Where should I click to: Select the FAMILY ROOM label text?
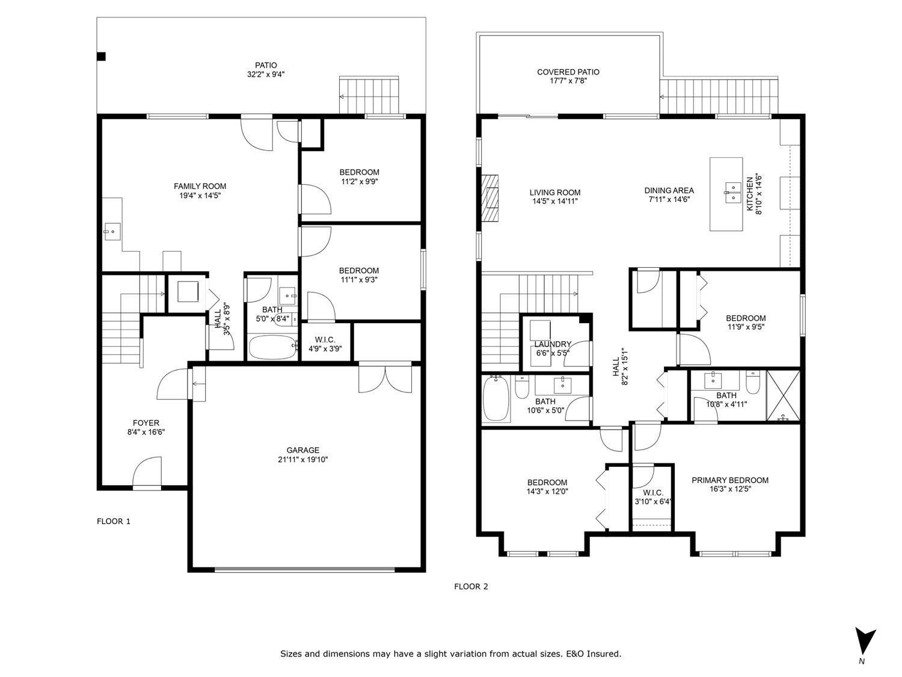click(x=200, y=186)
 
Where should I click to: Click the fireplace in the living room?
click(x=490, y=199)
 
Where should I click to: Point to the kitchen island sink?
click(x=731, y=191)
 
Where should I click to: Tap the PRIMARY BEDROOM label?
click(x=729, y=480)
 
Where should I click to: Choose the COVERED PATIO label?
click(x=568, y=72)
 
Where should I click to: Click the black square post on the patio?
click(x=102, y=57)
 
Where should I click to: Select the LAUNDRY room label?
click(x=552, y=344)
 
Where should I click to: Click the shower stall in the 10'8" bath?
click(x=783, y=395)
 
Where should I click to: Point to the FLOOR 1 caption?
click(x=114, y=521)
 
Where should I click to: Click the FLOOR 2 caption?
click(x=471, y=586)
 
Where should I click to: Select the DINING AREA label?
click(x=669, y=190)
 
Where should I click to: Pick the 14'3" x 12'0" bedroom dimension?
click(x=547, y=491)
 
